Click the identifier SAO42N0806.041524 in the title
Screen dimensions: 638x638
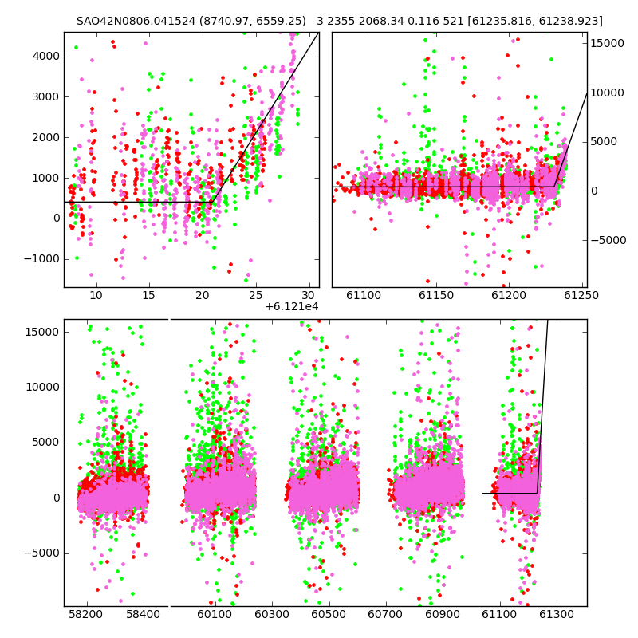coord(136,22)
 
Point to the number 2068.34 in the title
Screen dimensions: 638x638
coord(373,22)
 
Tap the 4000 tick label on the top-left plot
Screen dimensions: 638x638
coord(46,56)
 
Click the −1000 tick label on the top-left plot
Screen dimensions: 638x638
coord(42,258)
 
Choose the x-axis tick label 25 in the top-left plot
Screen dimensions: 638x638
coord(255,295)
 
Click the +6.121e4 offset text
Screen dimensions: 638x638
coord(291,307)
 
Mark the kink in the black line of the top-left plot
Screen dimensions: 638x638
coord(212,202)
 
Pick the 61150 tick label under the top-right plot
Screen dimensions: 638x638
coord(436,295)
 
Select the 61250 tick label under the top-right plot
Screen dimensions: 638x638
coord(581,295)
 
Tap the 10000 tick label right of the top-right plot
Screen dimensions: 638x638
coord(607,93)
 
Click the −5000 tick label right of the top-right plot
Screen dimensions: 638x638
coord(608,240)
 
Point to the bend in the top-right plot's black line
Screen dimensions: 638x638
coord(554,187)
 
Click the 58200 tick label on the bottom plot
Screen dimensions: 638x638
coord(86,614)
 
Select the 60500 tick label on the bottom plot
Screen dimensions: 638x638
coord(329,614)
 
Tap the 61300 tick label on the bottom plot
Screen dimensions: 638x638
coord(556,614)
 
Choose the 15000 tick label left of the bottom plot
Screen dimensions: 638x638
coord(43,332)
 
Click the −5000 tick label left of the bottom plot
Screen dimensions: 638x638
coord(42,553)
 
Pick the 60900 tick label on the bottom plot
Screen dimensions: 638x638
coord(443,614)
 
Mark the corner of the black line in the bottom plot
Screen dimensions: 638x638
coord(537,493)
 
